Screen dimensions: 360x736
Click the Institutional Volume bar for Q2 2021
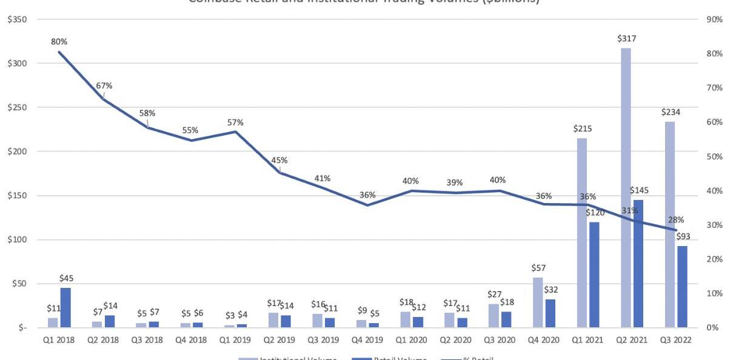(x=626, y=188)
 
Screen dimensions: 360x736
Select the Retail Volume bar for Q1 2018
(x=65, y=308)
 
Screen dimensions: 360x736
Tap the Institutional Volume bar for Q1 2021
(x=581, y=233)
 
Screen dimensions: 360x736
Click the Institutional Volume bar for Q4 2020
(x=537, y=302)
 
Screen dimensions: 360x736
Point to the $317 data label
(x=627, y=39)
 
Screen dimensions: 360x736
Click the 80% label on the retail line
(x=59, y=42)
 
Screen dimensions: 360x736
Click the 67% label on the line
(x=104, y=85)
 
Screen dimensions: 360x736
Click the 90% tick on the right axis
(x=714, y=19)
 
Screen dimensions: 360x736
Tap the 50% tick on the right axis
(x=714, y=156)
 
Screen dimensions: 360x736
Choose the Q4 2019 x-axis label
(x=367, y=340)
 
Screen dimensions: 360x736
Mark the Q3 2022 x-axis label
(x=676, y=340)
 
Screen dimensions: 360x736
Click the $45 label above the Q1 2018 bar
(x=67, y=278)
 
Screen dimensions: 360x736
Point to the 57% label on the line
(x=236, y=122)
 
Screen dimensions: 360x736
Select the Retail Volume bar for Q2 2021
(x=638, y=264)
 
